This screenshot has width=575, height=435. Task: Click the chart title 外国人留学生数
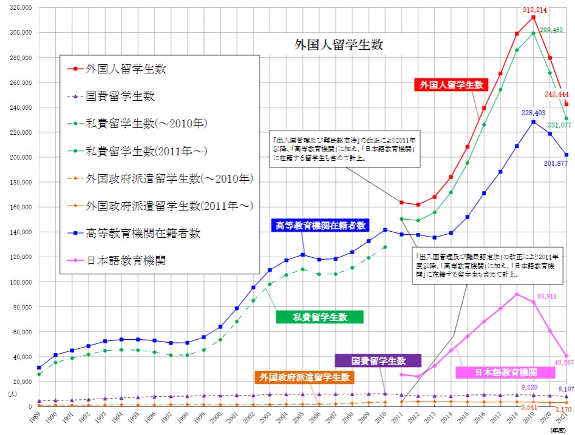tap(339, 45)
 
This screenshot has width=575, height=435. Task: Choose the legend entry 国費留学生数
tap(120, 96)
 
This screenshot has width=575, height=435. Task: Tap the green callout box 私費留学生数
tap(319, 317)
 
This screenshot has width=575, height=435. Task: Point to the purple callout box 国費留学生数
tap(378, 360)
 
